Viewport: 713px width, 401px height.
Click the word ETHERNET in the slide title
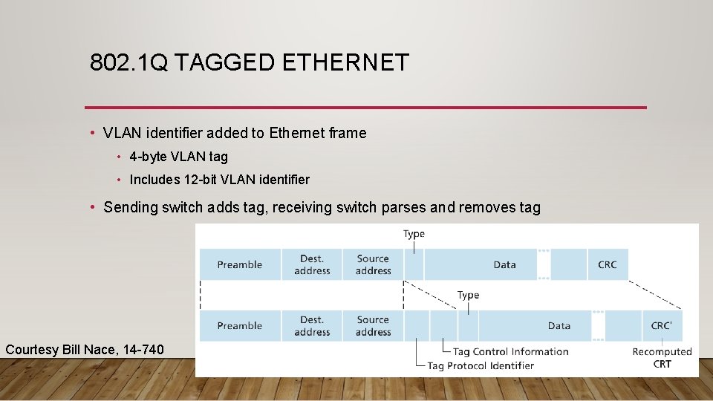[x=345, y=63]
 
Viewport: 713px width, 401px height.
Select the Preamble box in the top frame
[x=240, y=264]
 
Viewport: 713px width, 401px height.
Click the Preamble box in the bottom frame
[x=240, y=325]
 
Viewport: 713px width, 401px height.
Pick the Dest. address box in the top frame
[x=312, y=264]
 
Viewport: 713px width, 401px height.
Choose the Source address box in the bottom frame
[x=373, y=325]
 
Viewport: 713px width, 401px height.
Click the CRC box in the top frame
[x=607, y=264]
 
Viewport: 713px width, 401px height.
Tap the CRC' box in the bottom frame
[x=661, y=325]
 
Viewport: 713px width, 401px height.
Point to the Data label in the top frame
[x=504, y=264]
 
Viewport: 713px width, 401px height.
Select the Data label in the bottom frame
[x=559, y=325]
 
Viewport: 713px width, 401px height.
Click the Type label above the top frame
[x=414, y=234]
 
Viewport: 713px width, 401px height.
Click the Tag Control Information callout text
[x=510, y=351]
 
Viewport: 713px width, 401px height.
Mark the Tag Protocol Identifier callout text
[x=481, y=365]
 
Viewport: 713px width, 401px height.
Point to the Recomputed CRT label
[x=662, y=357]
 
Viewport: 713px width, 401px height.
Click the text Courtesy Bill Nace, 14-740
[x=85, y=349]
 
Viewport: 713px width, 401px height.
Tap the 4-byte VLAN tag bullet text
[x=178, y=157]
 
